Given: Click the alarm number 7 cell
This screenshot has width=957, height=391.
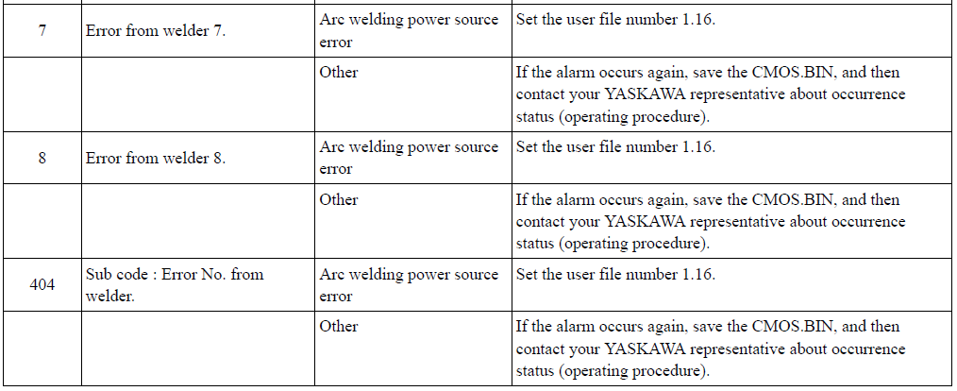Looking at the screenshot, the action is click(x=42, y=30).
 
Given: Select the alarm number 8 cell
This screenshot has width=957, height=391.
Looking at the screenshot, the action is click(x=42, y=158).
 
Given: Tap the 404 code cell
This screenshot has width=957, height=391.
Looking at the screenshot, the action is click(x=42, y=284).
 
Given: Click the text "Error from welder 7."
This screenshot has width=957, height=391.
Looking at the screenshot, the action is click(x=156, y=30).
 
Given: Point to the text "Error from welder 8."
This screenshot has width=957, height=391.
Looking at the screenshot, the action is click(x=156, y=158).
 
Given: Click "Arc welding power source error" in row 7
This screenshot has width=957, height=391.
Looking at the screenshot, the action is click(x=409, y=30).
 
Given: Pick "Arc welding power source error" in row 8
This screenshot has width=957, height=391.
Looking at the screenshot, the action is click(x=409, y=158).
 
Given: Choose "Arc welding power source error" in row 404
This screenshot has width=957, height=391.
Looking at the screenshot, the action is click(x=409, y=285).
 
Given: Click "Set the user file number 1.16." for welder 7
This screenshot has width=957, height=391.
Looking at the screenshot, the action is click(x=615, y=19).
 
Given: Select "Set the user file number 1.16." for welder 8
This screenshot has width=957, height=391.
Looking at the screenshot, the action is click(x=615, y=146).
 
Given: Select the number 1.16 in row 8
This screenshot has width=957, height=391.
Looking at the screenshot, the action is click(x=697, y=146).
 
